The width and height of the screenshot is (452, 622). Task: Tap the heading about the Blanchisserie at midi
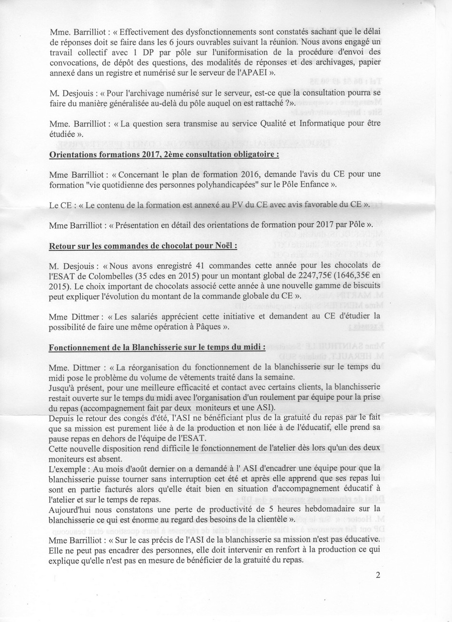point(157,347)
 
